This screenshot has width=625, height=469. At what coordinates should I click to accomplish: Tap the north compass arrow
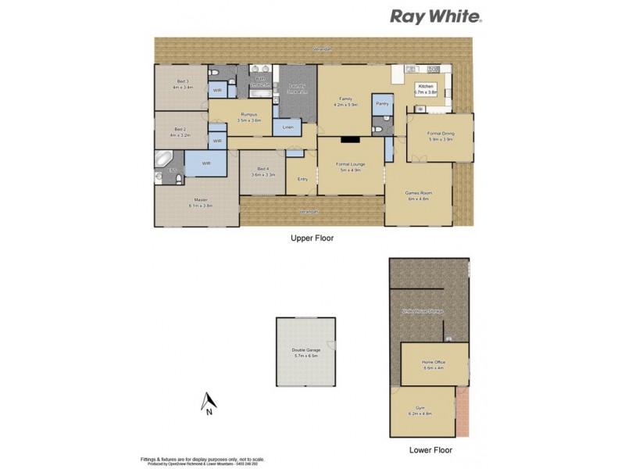[x=208, y=402]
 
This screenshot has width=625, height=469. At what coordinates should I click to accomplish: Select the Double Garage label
[x=305, y=350]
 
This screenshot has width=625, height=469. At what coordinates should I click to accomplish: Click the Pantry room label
[x=382, y=103]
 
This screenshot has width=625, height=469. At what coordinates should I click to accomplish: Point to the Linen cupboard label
[x=287, y=126]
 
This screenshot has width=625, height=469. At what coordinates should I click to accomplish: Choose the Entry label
[x=302, y=180]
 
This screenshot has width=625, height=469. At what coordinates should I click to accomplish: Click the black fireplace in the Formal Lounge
[x=350, y=140]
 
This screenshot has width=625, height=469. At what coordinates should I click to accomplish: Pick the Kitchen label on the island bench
[x=426, y=86]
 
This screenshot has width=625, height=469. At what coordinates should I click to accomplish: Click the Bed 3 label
[x=183, y=81]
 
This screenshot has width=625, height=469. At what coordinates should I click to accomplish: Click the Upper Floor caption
[x=312, y=238]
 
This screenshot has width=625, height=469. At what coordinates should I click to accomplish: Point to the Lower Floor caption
[x=430, y=450]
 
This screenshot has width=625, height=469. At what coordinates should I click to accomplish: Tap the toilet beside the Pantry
[x=377, y=130]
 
